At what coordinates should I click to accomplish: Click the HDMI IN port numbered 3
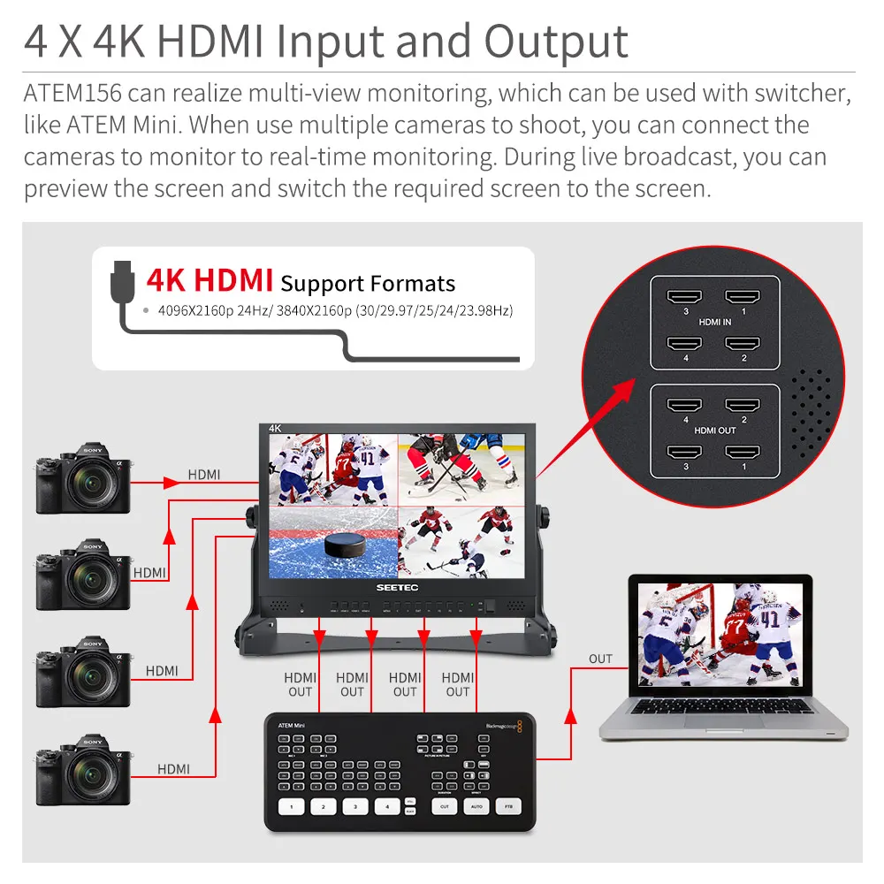click(682, 300)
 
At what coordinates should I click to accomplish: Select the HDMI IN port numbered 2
click(743, 343)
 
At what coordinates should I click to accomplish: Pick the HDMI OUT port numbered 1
click(743, 452)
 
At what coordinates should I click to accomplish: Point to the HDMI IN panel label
click(714, 323)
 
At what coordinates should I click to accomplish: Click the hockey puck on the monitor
click(340, 545)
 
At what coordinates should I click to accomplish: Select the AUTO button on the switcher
click(476, 806)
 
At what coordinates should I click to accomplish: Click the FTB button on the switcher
click(507, 806)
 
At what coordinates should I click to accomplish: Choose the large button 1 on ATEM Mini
click(293, 806)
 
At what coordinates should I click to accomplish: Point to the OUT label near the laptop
click(600, 659)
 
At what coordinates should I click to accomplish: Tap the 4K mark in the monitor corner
click(275, 429)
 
